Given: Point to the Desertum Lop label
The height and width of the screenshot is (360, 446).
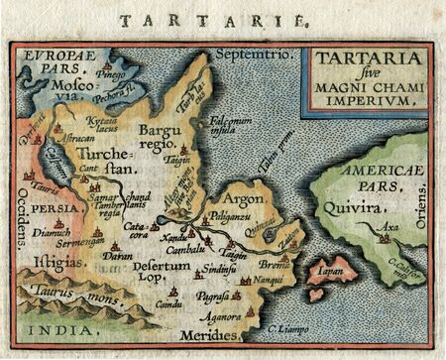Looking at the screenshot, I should [x=161, y=269].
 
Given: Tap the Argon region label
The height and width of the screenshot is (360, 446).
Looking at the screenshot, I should [x=252, y=198].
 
